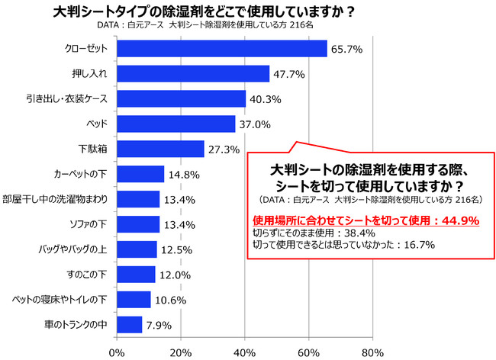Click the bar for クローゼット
tap(222, 49)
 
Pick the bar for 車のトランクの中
tap(130, 324)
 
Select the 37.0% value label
tap(253, 124)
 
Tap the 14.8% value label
tap(182, 175)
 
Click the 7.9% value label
tap(158, 325)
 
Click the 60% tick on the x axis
tap(308, 352)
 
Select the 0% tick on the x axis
tap(117, 352)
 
